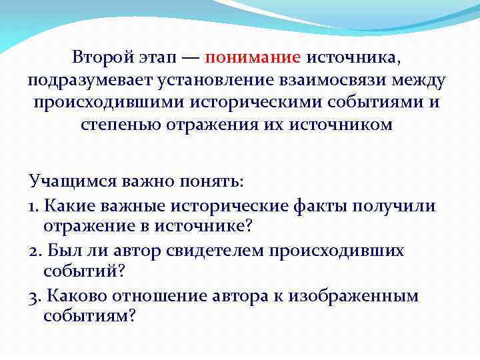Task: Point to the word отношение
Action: click(160, 296)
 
